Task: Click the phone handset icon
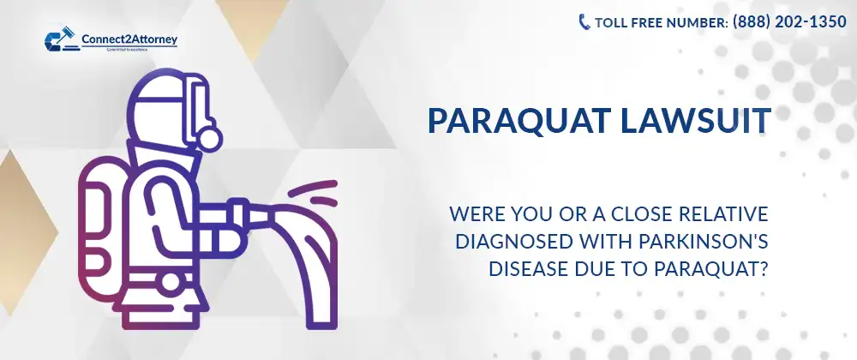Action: (584, 22)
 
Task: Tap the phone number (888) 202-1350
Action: (789, 22)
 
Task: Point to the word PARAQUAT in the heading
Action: (506, 121)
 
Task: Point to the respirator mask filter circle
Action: (209, 136)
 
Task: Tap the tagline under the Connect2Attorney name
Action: (108, 51)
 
